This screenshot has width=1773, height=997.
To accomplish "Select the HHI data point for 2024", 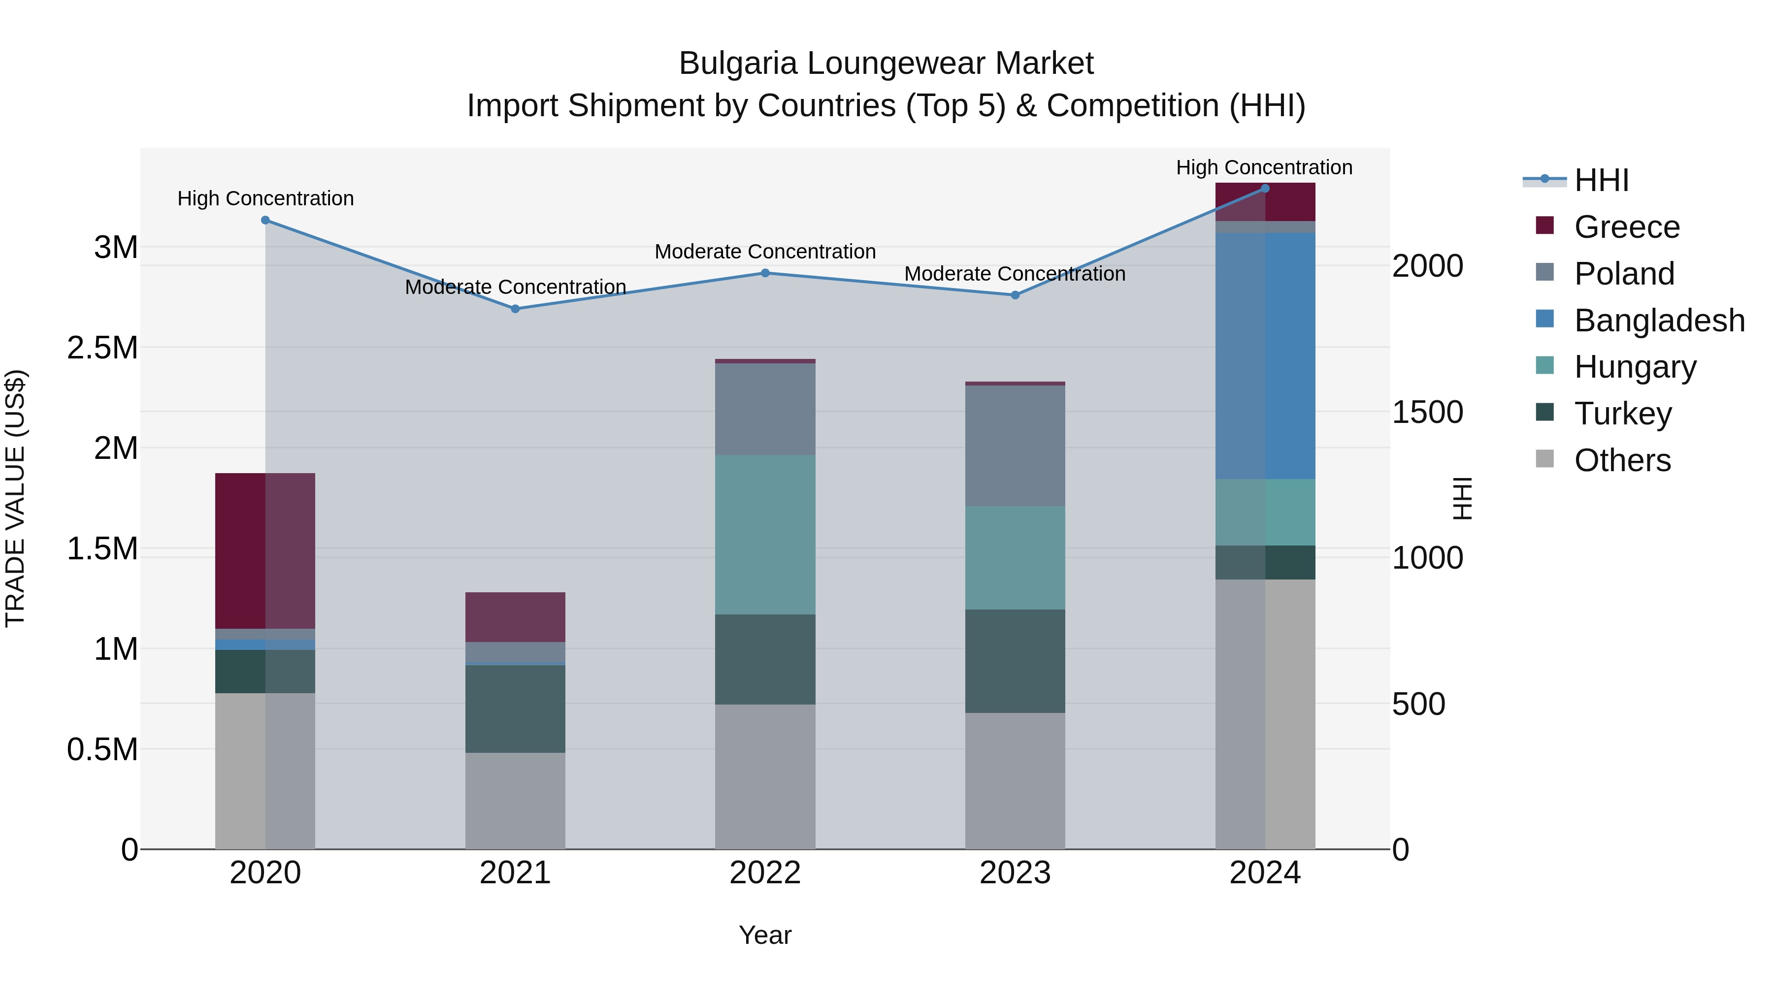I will click(x=1265, y=188).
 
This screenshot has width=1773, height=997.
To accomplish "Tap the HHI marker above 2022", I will click(x=765, y=273).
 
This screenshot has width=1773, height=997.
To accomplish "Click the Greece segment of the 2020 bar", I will click(x=265, y=550).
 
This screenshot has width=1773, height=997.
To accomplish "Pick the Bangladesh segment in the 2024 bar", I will click(x=1265, y=356).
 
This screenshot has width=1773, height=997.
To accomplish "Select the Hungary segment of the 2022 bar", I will click(x=765, y=535).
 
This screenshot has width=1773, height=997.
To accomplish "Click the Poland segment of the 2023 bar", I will click(x=1015, y=446).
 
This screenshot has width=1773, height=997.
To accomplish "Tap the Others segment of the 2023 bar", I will click(x=1015, y=780).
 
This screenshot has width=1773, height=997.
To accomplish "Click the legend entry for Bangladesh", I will click(x=1659, y=321).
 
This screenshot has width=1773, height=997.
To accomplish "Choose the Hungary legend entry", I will click(x=1635, y=367).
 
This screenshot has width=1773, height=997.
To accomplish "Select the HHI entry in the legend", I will click(x=1601, y=180).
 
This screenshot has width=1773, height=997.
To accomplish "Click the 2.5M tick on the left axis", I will click(x=102, y=348).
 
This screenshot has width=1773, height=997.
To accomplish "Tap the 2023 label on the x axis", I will click(x=1015, y=873).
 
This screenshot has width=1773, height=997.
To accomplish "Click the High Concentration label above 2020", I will click(x=265, y=198).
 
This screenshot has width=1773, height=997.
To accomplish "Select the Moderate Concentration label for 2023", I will click(x=1015, y=274).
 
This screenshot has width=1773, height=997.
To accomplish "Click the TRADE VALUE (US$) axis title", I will click(x=15, y=498).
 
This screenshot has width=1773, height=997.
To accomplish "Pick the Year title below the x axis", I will click(x=765, y=935).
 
